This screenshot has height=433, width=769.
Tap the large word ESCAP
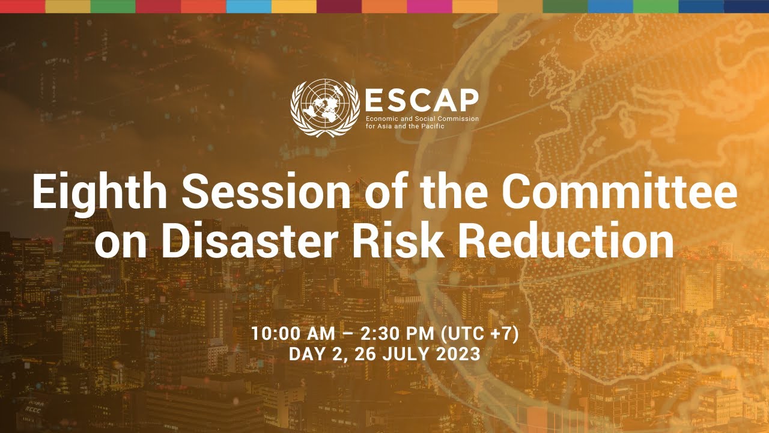[x=422, y=99]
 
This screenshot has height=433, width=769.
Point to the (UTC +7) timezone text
[x=486, y=334]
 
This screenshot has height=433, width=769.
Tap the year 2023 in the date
[x=457, y=354]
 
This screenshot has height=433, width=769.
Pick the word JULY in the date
[x=405, y=354]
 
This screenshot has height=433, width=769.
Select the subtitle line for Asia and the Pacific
[x=401, y=126]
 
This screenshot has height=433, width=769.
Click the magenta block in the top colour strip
[x=429, y=6]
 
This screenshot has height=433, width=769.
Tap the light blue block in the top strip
[x=248, y=6]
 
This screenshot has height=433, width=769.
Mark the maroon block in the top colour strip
[x=339, y=6]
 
